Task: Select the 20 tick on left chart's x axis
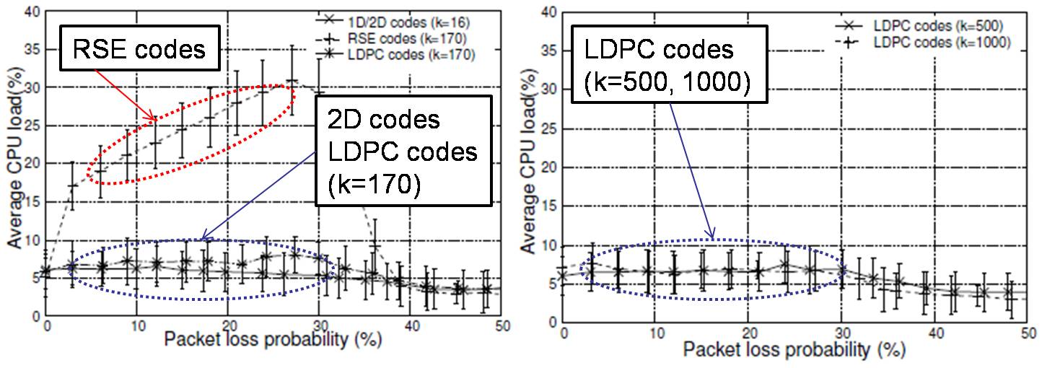click(x=229, y=324)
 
